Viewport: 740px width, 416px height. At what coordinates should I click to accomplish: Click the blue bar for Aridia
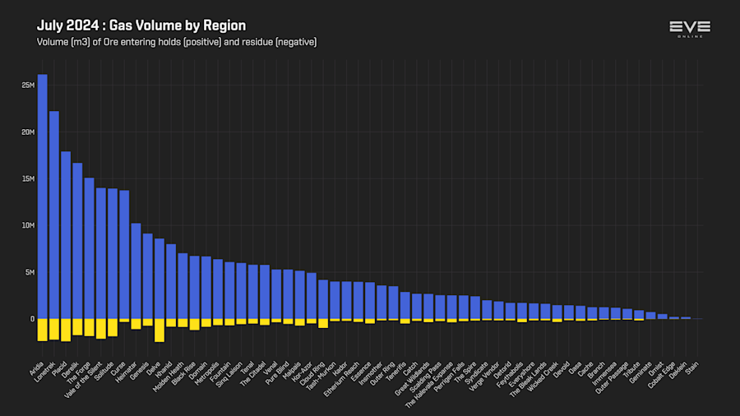coord(42,197)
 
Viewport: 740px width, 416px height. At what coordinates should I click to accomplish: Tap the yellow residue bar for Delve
coord(160,330)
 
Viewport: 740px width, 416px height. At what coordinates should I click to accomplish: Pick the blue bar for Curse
coord(124,255)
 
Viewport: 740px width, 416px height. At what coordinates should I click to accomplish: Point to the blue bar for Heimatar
coord(136,271)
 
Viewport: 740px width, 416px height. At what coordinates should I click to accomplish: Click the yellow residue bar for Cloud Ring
coord(323,323)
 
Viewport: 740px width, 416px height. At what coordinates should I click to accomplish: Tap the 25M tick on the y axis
coord(29,86)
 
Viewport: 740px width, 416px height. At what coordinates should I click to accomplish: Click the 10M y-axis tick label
coord(29,225)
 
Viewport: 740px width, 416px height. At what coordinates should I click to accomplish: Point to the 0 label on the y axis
coord(32,319)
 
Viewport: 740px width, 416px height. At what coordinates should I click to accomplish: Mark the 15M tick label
coord(29,178)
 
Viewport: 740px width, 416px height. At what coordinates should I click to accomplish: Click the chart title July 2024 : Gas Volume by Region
coord(141,25)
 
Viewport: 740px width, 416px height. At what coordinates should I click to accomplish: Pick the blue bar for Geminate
coord(650,315)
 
